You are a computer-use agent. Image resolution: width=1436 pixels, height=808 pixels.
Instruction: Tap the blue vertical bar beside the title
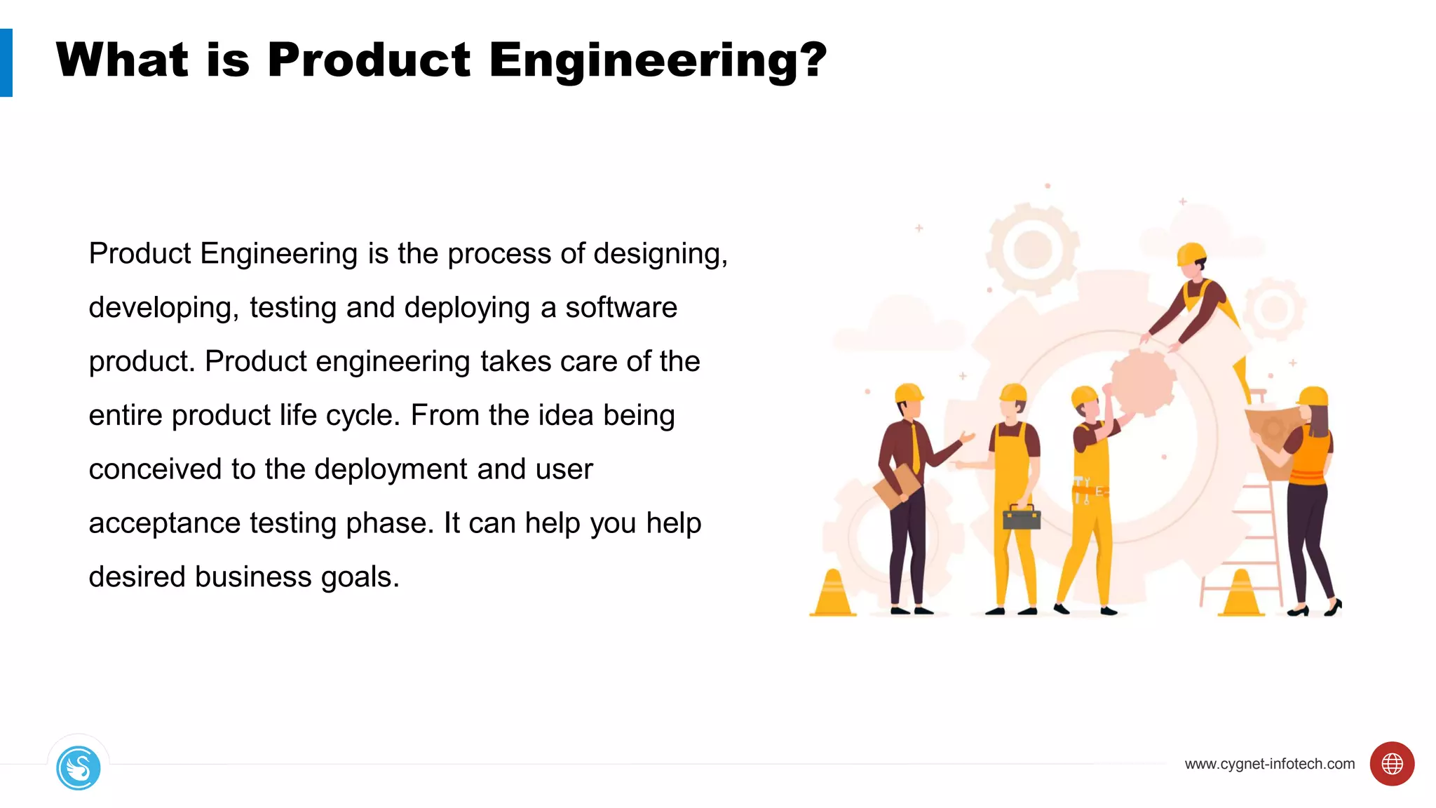(6, 62)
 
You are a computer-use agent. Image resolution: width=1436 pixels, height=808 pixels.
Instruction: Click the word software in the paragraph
(621, 308)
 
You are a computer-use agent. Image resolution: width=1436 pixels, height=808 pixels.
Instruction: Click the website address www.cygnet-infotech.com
(1269, 764)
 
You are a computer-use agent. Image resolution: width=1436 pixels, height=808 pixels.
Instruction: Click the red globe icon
(1392, 764)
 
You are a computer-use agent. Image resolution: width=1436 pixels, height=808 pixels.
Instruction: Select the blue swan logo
(79, 768)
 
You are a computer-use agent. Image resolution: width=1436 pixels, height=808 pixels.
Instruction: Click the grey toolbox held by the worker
(1022, 518)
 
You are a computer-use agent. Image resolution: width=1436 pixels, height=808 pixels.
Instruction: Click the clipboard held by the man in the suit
(897, 486)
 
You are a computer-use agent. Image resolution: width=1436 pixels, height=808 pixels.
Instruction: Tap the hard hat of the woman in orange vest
(1313, 396)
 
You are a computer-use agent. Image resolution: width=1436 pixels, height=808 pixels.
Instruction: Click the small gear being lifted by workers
(1143, 382)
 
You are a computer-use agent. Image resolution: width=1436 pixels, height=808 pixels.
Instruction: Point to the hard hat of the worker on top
(1191, 254)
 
